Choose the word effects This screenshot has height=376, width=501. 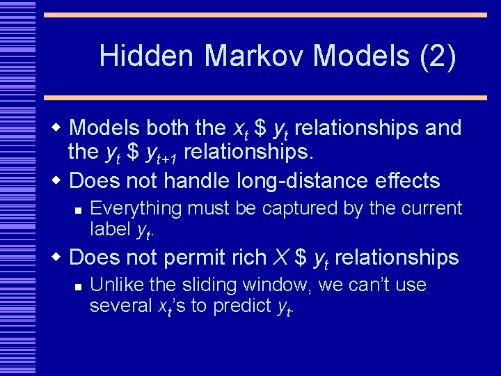click(406, 181)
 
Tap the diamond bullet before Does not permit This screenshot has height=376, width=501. click(58, 257)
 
